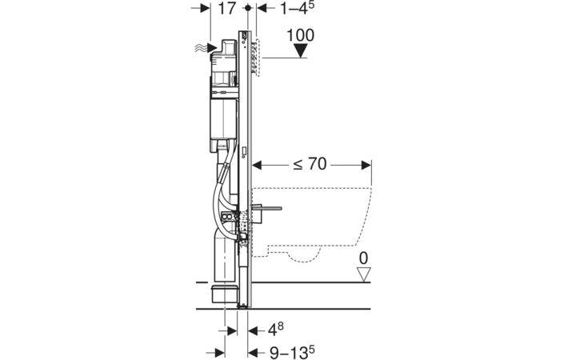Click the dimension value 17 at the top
(226, 8)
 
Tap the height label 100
(300, 35)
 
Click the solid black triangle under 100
(300, 50)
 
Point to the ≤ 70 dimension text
(310, 164)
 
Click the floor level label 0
(364, 258)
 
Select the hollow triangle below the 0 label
(364, 274)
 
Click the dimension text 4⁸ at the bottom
(275, 329)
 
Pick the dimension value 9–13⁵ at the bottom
(292, 352)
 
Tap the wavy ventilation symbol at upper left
(202, 48)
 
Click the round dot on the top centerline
(247, 7)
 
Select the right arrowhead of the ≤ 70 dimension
(366, 165)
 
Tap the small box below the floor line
(224, 294)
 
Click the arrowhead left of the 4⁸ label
(254, 330)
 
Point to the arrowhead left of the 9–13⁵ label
(254, 353)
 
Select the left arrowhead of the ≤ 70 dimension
(257, 165)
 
